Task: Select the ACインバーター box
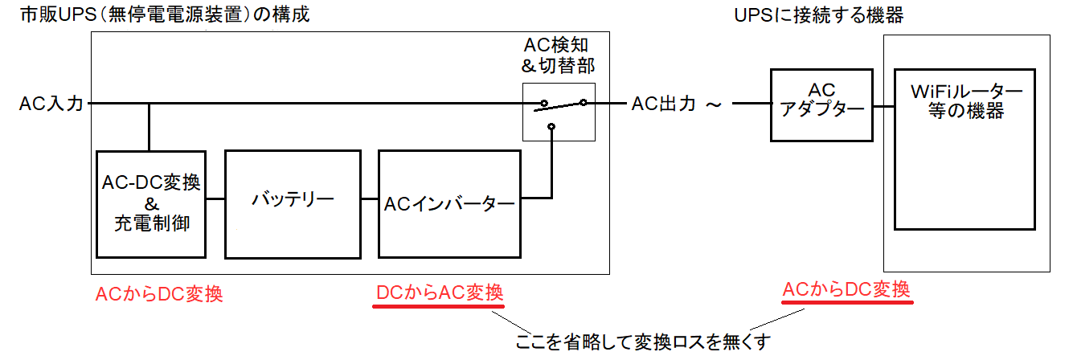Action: pos(448,204)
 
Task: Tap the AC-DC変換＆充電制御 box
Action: pos(149,204)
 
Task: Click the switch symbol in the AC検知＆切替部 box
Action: pos(563,104)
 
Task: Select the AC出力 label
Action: pos(663,104)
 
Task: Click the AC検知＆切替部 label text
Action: pos(559,54)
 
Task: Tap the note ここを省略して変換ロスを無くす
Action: pos(643,342)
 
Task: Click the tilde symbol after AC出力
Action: pos(712,104)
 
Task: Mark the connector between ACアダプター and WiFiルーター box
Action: pos(883,104)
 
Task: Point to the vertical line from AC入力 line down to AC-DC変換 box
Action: pos(149,127)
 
